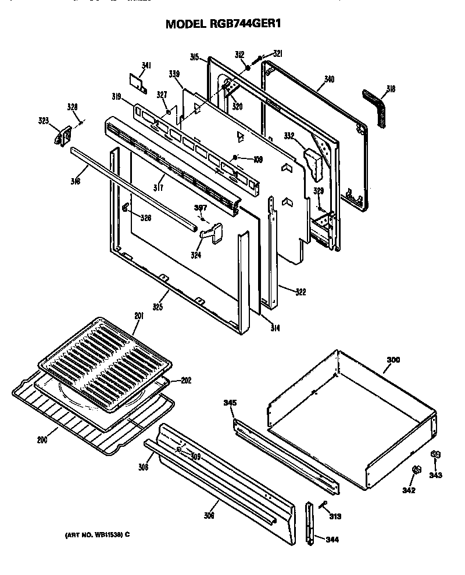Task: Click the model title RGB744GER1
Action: pyautogui.click(x=227, y=24)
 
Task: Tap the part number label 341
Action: pyautogui.click(x=146, y=66)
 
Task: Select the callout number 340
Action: pyautogui.click(x=330, y=79)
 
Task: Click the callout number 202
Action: pyautogui.click(x=185, y=381)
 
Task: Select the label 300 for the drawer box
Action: pyautogui.click(x=393, y=360)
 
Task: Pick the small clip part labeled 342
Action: pyautogui.click(x=416, y=469)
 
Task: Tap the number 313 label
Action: pyautogui.click(x=335, y=516)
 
